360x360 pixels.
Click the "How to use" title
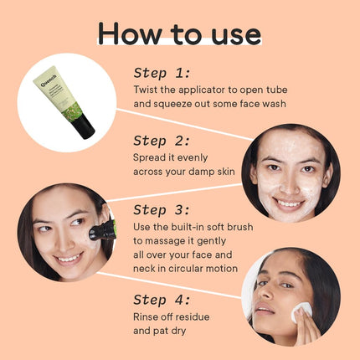pyautogui.click(x=179, y=33)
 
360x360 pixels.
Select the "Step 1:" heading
pyautogui.click(x=162, y=74)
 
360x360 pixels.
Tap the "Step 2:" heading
pyautogui.click(x=162, y=141)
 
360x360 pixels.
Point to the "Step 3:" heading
pyautogui.click(x=162, y=210)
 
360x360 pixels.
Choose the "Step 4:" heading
pyautogui.click(x=162, y=301)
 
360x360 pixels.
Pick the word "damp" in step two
pyautogui.click(x=202, y=172)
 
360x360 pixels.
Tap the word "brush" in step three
pyautogui.click(x=239, y=227)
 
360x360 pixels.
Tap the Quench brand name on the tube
pyautogui.click(x=49, y=80)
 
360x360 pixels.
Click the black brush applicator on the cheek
pyautogui.click(x=102, y=231)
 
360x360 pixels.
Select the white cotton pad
pyautogui.click(x=301, y=312)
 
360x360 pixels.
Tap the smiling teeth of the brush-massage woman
pyautogui.click(x=68, y=258)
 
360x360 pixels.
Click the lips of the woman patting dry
pyautogui.click(x=264, y=309)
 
